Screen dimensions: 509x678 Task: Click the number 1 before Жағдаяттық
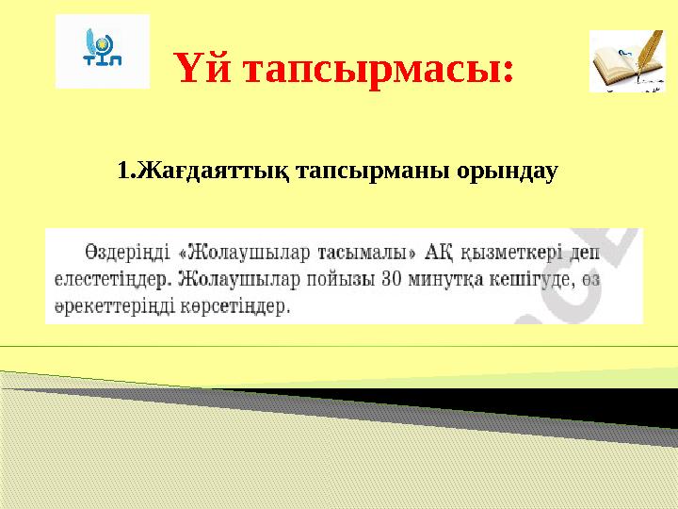[122, 172]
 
